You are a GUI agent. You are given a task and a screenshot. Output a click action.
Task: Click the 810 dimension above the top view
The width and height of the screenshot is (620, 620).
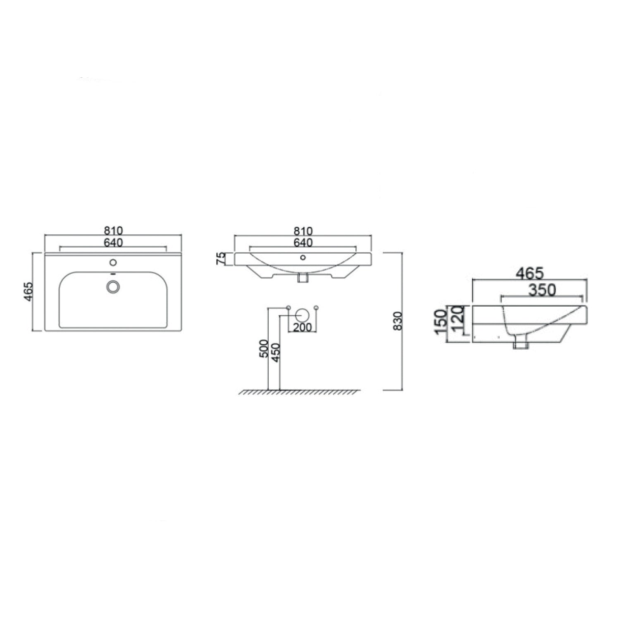[113, 231]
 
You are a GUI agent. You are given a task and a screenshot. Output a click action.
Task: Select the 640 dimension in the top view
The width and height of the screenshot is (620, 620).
[113, 243]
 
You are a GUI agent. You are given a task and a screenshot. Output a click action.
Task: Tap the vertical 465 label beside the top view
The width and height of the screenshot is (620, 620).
[28, 291]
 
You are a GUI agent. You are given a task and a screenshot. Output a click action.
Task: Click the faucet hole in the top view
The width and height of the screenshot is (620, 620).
[113, 262]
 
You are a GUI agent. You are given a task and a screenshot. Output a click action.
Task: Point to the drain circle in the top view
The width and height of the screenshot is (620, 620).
[113, 286]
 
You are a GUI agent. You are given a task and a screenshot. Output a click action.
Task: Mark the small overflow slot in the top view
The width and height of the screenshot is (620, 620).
[113, 274]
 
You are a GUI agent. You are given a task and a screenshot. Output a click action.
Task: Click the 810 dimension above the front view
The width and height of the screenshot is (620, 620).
[303, 231]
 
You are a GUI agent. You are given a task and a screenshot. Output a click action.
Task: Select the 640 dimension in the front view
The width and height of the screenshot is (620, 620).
[303, 243]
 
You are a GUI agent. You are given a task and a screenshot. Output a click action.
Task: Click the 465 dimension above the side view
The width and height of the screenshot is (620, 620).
[529, 273]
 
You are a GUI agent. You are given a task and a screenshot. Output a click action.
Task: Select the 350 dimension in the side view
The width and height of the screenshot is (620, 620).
[542, 290]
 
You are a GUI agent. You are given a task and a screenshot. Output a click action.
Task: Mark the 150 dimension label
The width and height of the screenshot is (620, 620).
[441, 323]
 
